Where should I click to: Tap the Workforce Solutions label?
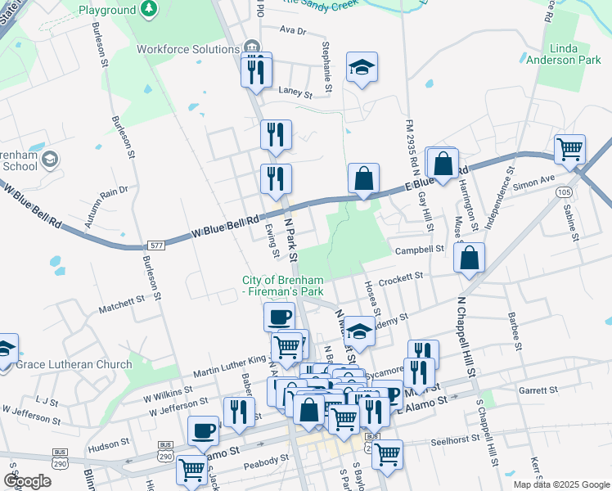pyautogui.click(x=188, y=49)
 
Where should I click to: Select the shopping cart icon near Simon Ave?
pyautogui.click(x=569, y=150)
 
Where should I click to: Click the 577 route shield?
pyautogui.click(x=157, y=245)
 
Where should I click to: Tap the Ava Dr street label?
pyautogui.click(x=291, y=30)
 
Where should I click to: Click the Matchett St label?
pyautogui.click(x=121, y=304)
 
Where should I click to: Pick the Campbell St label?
pyautogui.click(x=421, y=249)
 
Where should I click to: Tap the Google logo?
pyautogui.click(x=27, y=480)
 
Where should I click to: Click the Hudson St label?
pyautogui.click(x=104, y=447)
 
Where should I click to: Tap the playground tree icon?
pyautogui.click(x=149, y=9)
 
